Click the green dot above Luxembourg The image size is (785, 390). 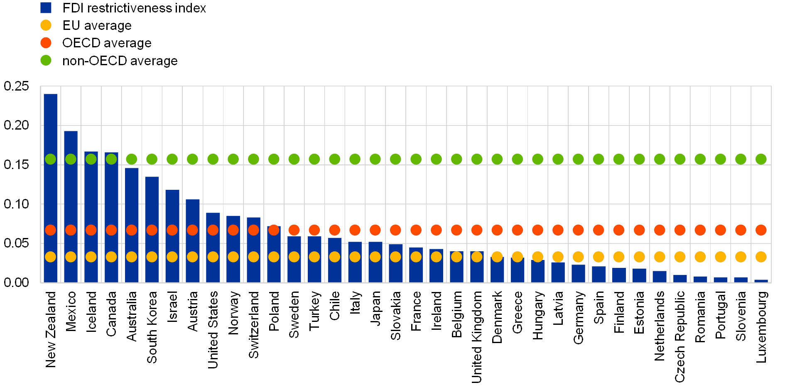click(x=761, y=159)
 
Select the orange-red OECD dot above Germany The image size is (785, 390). click(x=578, y=230)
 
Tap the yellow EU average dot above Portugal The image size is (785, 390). click(x=720, y=257)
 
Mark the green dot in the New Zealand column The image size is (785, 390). click(x=50, y=159)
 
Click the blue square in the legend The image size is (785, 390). click(x=46, y=7)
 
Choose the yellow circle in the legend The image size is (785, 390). click(x=46, y=25)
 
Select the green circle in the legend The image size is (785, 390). click(x=46, y=60)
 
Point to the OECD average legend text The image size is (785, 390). click(x=107, y=43)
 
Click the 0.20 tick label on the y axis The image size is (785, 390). click(x=17, y=125)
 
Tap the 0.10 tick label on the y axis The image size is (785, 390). click(x=17, y=204)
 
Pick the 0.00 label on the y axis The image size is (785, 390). click(x=17, y=283)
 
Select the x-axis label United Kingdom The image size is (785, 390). click(x=477, y=336)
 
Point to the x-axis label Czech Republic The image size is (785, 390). click(x=680, y=336)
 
